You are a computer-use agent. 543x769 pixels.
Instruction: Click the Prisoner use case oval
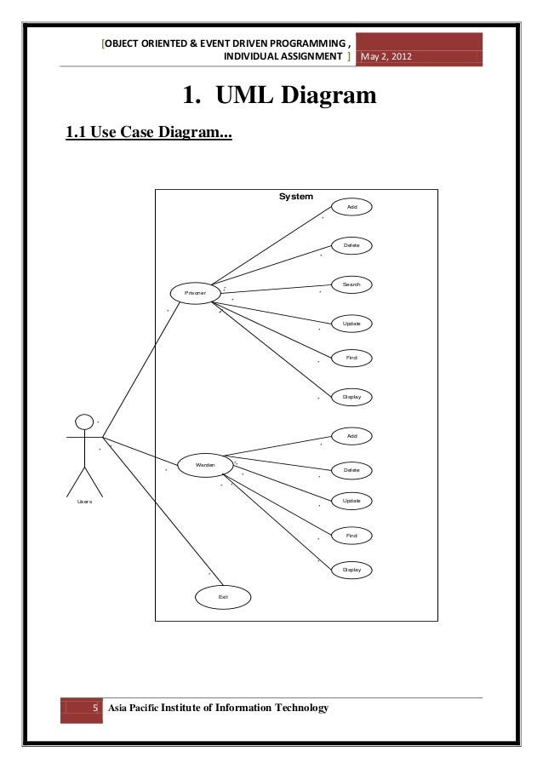pyautogui.click(x=190, y=293)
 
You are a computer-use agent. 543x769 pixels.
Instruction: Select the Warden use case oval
pyautogui.click(x=205, y=465)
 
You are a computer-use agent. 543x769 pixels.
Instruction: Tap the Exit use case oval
pyautogui.click(x=223, y=597)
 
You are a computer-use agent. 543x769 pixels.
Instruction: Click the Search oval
pyautogui.click(x=352, y=284)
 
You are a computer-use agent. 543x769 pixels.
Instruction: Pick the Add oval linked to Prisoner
pyautogui.click(x=352, y=208)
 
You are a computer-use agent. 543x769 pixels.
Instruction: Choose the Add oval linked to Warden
pyautogui.click(x=352, y=436)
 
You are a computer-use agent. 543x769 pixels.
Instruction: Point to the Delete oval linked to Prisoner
pyautogui.click(x=352, y=245)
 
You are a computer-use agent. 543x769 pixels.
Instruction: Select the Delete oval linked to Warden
pyautogui.click(x=352, y=470)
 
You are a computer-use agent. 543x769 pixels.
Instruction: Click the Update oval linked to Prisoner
pyautogui.click(x=352, y=324)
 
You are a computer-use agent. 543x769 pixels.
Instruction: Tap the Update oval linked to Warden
pyautogui.click(x=352, y=501)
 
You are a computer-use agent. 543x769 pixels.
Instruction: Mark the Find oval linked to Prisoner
pyautogui.click(x=352, y=359)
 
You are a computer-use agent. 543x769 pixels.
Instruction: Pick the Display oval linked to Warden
pyautogui.click(x=352, y=569)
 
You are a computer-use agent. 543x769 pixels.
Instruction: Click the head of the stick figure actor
pyautogui.click(x=84, y=422)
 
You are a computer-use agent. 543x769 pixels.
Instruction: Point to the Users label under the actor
pyautogui.click(x=84, y=502)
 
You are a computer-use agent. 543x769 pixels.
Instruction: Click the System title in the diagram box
pyautogui.click(x=296, y=197)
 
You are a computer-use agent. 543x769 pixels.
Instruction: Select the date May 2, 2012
pyautogui.click(x=387, y=57)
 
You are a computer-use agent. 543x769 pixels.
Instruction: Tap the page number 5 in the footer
pyautogui.click(x=94, y=709)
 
